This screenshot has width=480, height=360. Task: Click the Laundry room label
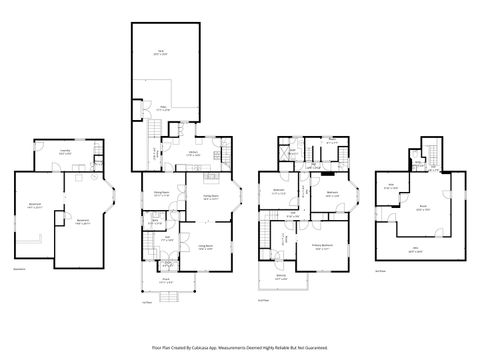65,152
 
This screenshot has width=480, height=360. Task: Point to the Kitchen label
192,154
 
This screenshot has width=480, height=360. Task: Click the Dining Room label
160,193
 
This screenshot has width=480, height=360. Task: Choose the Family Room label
210,198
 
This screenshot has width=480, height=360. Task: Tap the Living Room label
204,246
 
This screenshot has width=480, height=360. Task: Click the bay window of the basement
112,199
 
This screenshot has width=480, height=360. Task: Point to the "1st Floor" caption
147,300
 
